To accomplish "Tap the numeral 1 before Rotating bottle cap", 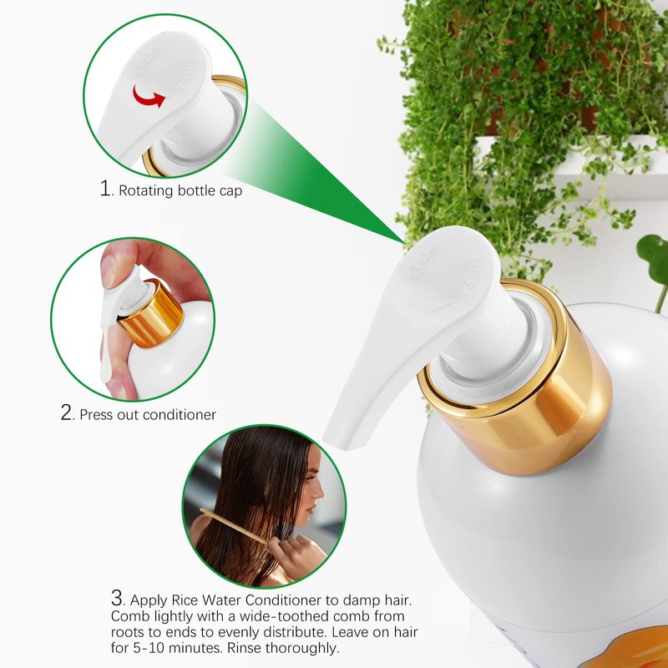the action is pyautogui.click(x=105, y=188).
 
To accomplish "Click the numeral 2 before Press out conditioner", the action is pyautogui.click(x=67, y=412).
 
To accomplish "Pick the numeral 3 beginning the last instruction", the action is pyautogui.click(x=117, y=598).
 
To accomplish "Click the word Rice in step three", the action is pyautogui.click(x=185, y=600).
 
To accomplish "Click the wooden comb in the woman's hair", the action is pyautogui.click(x=233, y=525).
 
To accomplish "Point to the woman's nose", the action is pyautogui.click(x=318, y=494).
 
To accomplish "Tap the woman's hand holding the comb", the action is pyautogui.click(x=294, y=554).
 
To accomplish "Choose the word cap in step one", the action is pyautogui.click(x=230, y=191).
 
